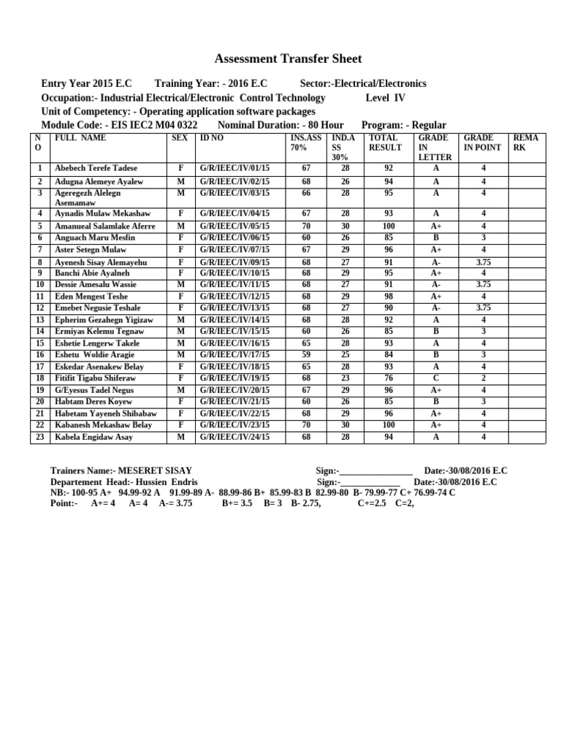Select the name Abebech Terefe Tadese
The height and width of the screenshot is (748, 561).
pos(96,168)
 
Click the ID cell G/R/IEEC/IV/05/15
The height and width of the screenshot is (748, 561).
pos(234,226)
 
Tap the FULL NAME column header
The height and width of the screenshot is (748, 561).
pos(76,137)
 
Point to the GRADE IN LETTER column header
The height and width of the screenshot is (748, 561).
pos(435,147)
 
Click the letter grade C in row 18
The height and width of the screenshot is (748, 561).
pos(435,378)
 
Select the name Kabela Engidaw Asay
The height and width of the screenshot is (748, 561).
pos(94,437)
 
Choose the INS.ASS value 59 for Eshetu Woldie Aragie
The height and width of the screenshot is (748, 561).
pos(306,355)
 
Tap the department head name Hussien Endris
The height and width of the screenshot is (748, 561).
pos(171,482)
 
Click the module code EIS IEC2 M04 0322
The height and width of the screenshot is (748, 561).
pos(151,125)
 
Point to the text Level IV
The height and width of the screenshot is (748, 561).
pos(385,98)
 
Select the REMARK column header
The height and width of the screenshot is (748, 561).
pos(526,142)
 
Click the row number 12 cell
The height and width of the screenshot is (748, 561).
pos(40,308)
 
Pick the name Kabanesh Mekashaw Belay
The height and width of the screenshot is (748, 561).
pos(103,425)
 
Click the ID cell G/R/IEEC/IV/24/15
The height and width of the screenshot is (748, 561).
pos(234,437)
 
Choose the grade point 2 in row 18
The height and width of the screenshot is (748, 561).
pos(483,378)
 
